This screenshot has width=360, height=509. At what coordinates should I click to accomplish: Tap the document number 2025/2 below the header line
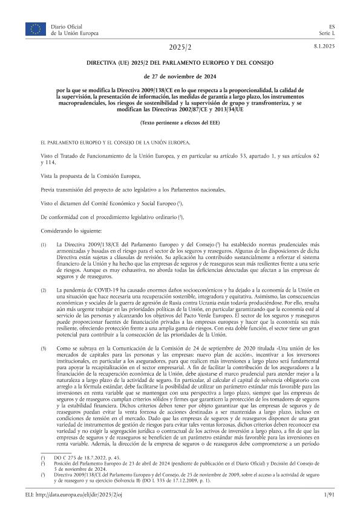pos(180,47)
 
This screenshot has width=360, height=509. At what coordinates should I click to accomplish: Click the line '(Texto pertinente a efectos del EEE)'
pos(180,123)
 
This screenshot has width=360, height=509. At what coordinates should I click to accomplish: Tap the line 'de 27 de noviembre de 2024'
pos(180,76)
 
